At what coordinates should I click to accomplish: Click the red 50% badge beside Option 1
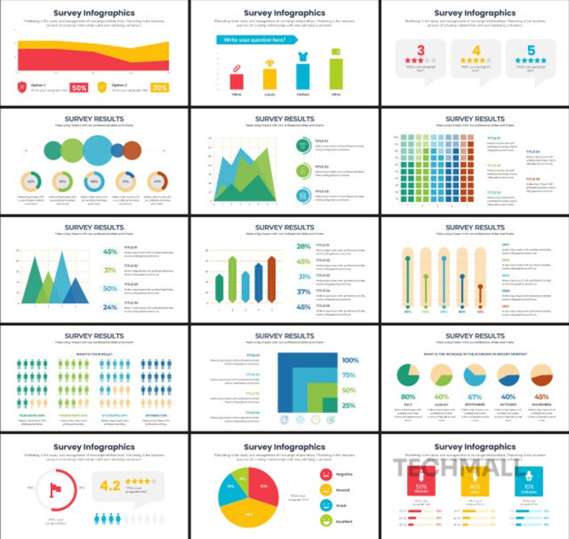tap(79, 87)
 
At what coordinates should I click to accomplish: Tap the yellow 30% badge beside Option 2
tap(159, 87)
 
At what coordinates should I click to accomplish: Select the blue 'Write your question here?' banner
tap(257, 40)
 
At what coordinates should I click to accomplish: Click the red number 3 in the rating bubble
tap(421, 50)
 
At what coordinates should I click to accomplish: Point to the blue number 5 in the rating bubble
tap(530, 50)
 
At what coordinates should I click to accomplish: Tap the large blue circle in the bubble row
tap(97, 150)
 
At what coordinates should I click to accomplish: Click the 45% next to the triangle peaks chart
tap(110, 252)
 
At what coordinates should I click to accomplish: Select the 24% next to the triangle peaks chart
tap(110, 307)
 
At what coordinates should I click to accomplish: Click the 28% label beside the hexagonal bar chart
tap(303, 247)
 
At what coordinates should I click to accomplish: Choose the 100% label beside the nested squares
tap(349, 361)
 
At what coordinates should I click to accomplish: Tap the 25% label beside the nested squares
tap(349, 406)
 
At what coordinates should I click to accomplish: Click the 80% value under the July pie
tap(408, 397)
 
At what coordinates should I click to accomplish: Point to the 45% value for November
tap(541, 397)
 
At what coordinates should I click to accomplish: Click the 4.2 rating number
tap(110, 485)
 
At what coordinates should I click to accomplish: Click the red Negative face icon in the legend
tap(325, 474)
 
